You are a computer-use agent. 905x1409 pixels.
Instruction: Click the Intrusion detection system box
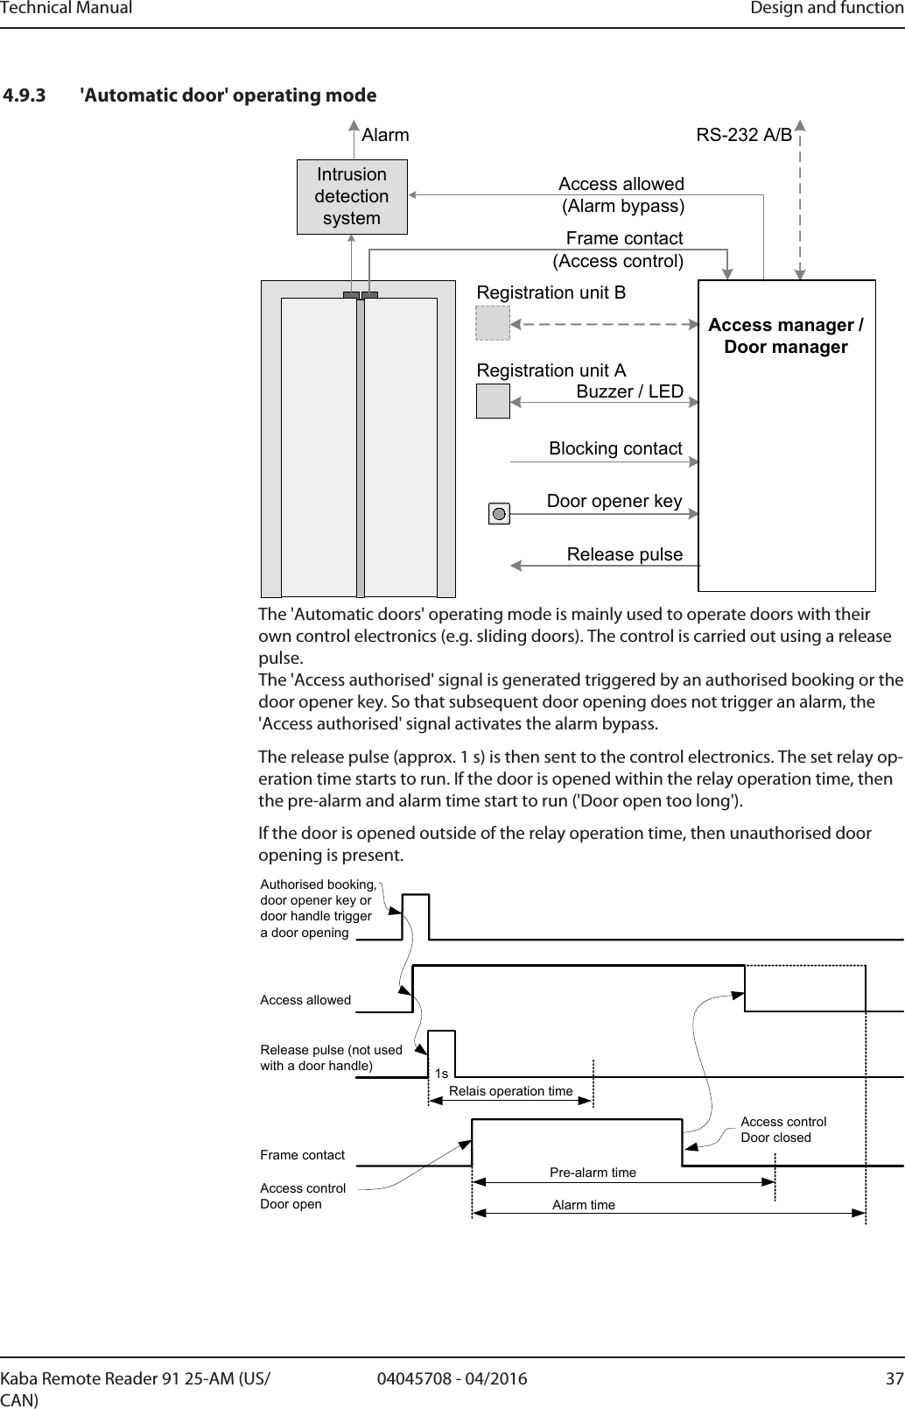pos(352,197)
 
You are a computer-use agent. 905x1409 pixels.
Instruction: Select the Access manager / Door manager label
pos(786,336)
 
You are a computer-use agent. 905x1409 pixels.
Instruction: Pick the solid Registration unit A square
pos(493,401)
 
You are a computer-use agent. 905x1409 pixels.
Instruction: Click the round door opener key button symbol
pos(499,514)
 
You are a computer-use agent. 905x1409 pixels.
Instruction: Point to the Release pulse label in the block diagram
pos(624,555)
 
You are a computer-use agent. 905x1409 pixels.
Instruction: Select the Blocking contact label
pos(615,449)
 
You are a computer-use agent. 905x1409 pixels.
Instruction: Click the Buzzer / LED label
pos(629,391)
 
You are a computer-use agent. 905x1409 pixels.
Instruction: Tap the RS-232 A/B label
pos(744,136)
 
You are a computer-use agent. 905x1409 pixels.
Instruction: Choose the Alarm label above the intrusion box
pos(385,136)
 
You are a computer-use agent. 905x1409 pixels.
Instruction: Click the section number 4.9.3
pos(26,95)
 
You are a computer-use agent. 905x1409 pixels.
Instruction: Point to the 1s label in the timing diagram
pos(441,1074)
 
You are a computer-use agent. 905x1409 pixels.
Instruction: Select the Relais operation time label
pos(510,1091)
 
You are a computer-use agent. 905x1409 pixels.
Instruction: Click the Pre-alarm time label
pos(593,1172)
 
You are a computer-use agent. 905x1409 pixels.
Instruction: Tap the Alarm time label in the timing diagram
pos(584,1205)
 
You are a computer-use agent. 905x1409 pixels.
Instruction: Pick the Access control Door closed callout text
pos(782,1130)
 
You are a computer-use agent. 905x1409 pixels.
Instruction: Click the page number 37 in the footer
pos(894,1379)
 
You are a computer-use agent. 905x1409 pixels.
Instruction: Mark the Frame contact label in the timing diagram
pos(303,1155)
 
